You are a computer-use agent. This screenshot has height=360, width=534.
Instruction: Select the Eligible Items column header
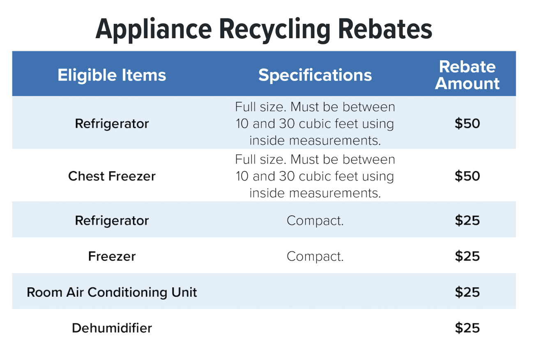click(112, 75)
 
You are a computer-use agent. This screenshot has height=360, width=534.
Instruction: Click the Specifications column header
click(315, 75)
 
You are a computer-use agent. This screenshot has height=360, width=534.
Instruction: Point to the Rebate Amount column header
click(467, 75)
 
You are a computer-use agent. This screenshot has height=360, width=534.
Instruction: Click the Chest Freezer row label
click(112, 176)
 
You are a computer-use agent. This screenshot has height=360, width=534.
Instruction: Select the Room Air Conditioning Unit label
click(112, 292)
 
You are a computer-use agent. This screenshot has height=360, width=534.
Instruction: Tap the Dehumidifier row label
click(112, 328)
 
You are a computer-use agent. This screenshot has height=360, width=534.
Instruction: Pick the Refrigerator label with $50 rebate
click(112, 124)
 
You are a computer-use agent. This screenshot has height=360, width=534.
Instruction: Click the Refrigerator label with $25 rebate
click(112, 221)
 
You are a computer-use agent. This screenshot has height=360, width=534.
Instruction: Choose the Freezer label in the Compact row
click(112, 256)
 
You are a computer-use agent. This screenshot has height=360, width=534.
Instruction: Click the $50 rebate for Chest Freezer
click(467, 176)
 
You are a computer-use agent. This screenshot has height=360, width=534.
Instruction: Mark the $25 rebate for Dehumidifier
click(467, 328)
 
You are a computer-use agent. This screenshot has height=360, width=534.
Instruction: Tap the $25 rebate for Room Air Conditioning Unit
click(467, 292)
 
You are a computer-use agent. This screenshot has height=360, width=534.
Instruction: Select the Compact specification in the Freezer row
click(315, 256)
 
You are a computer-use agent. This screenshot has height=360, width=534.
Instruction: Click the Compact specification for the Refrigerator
click(315, 221)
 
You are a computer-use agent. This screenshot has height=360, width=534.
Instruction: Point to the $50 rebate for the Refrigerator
click(467, 124)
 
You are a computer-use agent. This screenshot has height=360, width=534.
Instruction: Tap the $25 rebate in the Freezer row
click(467, 256)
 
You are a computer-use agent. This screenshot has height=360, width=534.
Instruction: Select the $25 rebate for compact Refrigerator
click(467, 221)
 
